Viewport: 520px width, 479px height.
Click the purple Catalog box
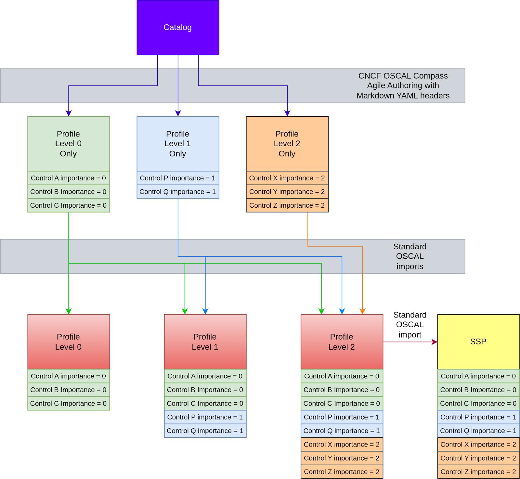(x=178, y=28)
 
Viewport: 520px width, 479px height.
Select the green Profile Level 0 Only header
(x=69, y=144)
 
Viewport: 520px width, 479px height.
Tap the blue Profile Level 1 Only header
(x=178, y=144)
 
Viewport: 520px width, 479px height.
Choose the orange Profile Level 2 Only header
(x=287, y=144)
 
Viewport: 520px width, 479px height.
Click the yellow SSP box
(x=478, y=342)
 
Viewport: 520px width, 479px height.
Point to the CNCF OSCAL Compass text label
(x=403, y=85)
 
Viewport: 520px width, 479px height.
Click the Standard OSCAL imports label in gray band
(x=409, y=256)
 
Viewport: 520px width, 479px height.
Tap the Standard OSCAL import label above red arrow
(x=409, y=325)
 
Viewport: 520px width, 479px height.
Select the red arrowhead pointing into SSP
(x=435, y=342)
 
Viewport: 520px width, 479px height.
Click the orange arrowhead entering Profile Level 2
(x=362, y=311)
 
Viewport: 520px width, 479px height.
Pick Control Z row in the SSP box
(x=478, y=472)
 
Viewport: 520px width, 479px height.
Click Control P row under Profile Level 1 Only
(x=178, y=178)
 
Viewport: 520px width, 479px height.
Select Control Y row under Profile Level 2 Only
(x=287, y=192)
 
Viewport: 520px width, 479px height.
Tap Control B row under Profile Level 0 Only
(x=69, y=192)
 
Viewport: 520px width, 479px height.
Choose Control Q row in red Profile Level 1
(x=205, y=431)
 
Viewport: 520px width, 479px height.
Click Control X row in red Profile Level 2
(x=342, y=445)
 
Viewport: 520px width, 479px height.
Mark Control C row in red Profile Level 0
(x=69, y=404)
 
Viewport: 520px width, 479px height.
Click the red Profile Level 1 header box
(x=205, y=342)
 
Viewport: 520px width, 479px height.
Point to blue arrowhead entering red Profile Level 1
(x=205, y=311)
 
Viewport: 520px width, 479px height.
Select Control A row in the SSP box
(x=478, y=376)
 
